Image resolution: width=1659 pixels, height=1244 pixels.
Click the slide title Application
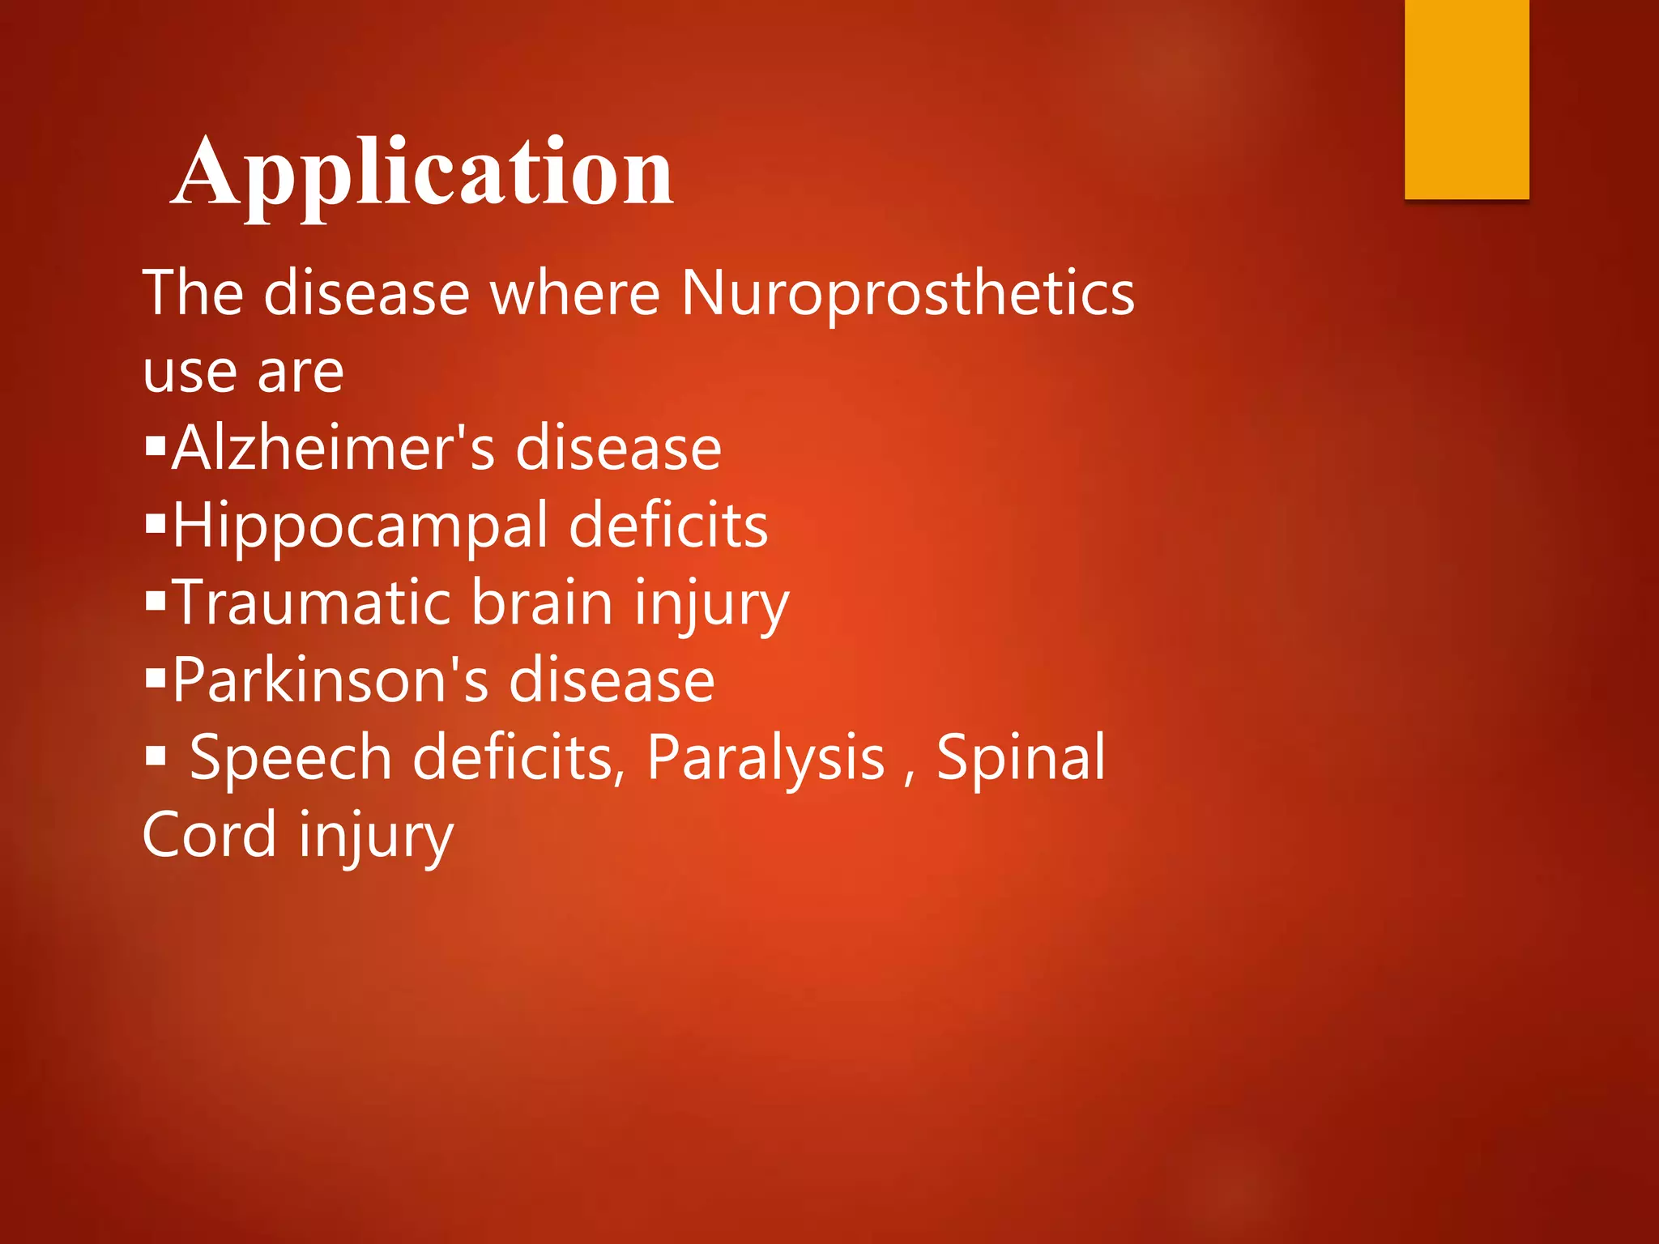[422, 173]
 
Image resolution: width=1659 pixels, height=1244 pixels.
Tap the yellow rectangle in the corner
[1466, 99]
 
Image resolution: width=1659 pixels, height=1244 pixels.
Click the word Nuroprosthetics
[907, 293]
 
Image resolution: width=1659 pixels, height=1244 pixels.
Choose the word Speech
[290, 757]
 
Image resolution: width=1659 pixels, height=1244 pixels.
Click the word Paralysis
[766, 757]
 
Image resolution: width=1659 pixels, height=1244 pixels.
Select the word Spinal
[1021, 757]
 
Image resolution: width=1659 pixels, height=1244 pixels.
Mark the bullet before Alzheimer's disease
[156, 445]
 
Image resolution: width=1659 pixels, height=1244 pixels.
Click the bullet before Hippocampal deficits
[156, 523]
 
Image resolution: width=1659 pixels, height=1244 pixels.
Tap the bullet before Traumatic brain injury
[156, 601]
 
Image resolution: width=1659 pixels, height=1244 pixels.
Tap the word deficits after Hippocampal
[668, 526]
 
